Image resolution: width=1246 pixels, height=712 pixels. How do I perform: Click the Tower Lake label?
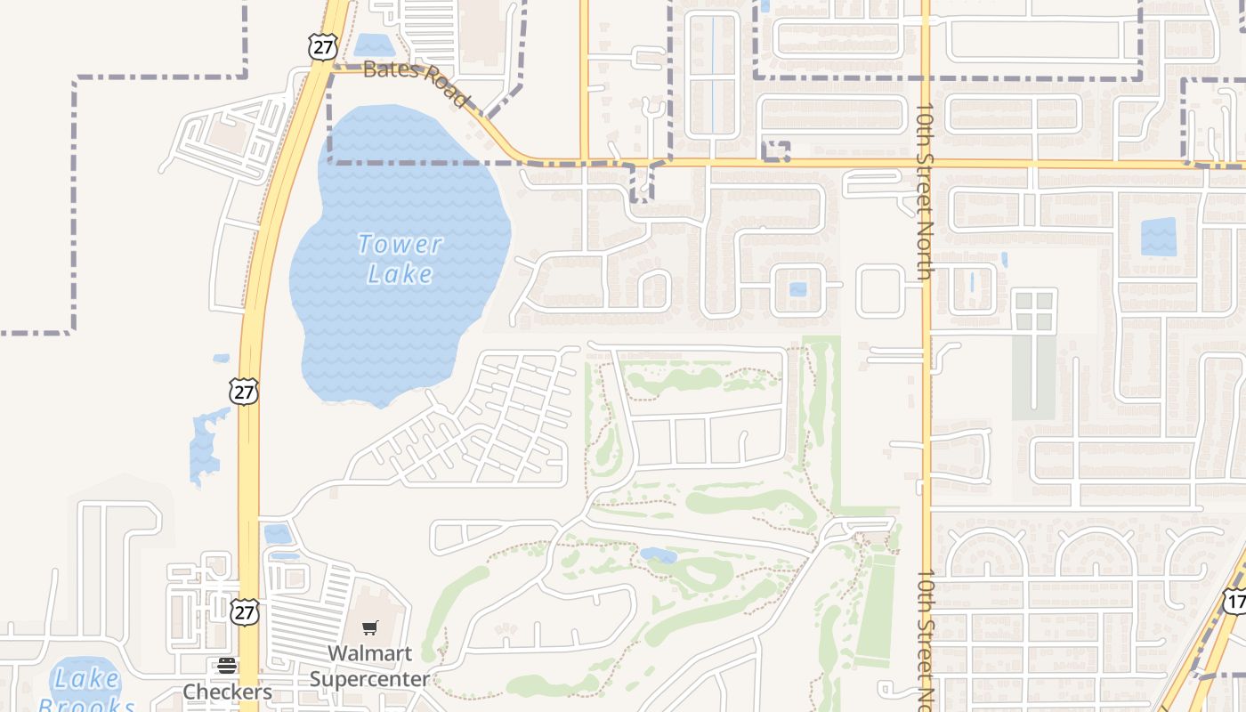coord(400,258)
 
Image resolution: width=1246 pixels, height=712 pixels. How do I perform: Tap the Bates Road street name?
coord(416,82)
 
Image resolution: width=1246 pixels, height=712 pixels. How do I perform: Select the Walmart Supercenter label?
coord(369,666)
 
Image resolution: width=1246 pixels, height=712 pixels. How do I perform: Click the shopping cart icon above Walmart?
coord(370,628)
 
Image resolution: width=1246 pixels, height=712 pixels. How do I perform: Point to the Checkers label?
coord(227,692)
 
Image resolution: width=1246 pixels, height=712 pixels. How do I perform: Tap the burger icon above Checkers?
coord(227,666)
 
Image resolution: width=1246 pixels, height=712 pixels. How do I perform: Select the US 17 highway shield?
coord(1234,601)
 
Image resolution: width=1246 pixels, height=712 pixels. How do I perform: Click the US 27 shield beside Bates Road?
coord(322,46)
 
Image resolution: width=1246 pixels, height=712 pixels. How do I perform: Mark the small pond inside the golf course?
coord(658,555)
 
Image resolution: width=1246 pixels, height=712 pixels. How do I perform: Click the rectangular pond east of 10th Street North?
coord(1158,237)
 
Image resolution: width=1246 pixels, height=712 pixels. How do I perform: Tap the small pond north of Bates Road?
coord(374,44)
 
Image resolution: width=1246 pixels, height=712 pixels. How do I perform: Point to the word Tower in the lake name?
coord(400,244)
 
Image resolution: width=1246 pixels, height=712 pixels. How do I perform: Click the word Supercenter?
coord(369,679)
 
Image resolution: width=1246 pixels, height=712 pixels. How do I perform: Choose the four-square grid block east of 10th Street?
coord(1034,311)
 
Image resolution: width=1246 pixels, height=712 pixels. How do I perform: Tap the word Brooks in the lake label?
coord(86,705)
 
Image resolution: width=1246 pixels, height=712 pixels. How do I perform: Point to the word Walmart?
coord(369,653)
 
